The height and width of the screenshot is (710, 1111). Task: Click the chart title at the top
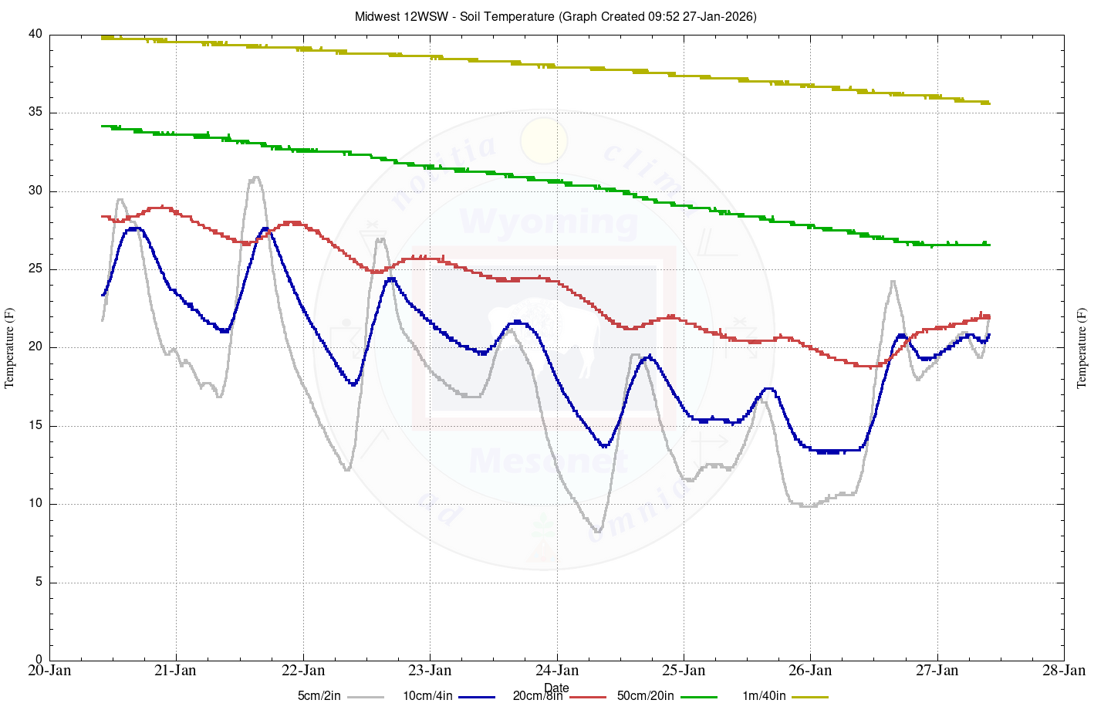pyautogui.click(x=555, y=16)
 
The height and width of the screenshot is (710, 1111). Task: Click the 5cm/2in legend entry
pyautogui.click(x=319, y=696)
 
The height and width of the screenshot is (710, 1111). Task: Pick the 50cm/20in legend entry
pyautogui.click(x=645, y=696)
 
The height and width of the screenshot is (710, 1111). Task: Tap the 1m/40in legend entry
pyautogui.click(x=764, y=696)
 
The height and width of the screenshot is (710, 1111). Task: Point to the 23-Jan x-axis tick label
pyautogui.click(x=430, y=670)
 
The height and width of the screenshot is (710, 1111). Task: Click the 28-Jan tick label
pyautogui.click(x=1064, y=670)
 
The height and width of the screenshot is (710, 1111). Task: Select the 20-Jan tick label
pyautogui.click(x=49, y=670)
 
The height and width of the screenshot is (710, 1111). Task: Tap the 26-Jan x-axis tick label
pyautogui.click(x=810, y=670)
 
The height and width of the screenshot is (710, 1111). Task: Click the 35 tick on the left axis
pyautogui.click(x=35, y=113)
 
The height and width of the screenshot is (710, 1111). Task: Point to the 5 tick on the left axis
pyautogui.click(x=39, y=583)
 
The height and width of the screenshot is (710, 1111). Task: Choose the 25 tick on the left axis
pyautogui.click(x=35, y=269)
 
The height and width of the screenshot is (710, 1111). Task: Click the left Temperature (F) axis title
pyautogui.click(x=10, y=347)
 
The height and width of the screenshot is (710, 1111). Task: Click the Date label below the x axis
pyautogui.click(x=556, y=688)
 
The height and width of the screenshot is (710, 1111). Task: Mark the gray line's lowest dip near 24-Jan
pyautogui.click(x=598, y=531)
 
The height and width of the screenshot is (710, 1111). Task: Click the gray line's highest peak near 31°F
pyautogui.click(x=255, y=177)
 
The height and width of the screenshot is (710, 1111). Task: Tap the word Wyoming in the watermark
pyautogui.click(x=549, y=222)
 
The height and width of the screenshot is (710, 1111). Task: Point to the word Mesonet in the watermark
pyautogui.click(x=549, y=461)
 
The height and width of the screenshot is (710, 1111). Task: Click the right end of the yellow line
pyautogui.click(x=988, y=103)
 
